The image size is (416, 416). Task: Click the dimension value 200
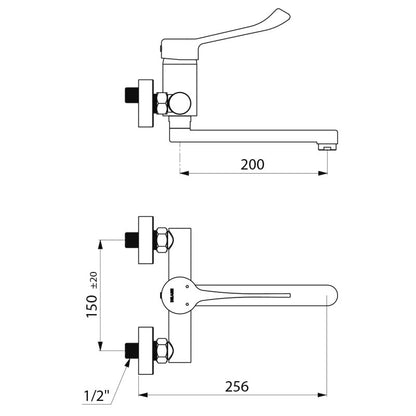tap(252, 164)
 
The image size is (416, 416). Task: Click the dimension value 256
tap(237, 386)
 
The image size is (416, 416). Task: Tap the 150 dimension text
tap(92, 306)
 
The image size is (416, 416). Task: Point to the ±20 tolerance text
tap(94, 280)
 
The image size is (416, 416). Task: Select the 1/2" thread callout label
tap(97, 396)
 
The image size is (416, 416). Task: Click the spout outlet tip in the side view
tap(326, 147)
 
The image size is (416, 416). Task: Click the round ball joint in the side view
tap(180, 103)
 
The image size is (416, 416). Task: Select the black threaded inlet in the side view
tap(131, 96)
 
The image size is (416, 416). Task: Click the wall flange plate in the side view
tap(146, 103)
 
